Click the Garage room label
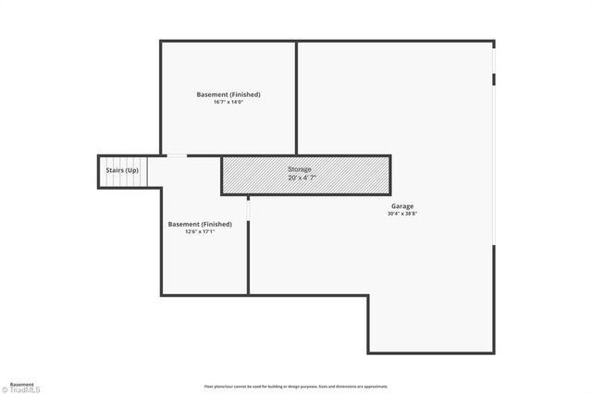[x=401, y=205]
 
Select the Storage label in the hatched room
[x=299, y=170]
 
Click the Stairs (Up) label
[x=121, y=171]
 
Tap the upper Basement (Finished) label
[x=228, y=94]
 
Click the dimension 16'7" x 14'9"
[x=228, y=102]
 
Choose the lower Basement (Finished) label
[x=200, y=224]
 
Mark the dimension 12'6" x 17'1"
[x=200, y=232]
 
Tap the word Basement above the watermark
[x=21, y=383]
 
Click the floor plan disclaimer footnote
[x=295, y=387]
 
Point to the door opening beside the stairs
[x=175, y=155]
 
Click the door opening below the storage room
[x=248, y=208]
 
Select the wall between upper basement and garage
[x=296, y=97]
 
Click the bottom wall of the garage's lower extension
[x=430, y=352]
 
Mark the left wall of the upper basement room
[x=161, y=97]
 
